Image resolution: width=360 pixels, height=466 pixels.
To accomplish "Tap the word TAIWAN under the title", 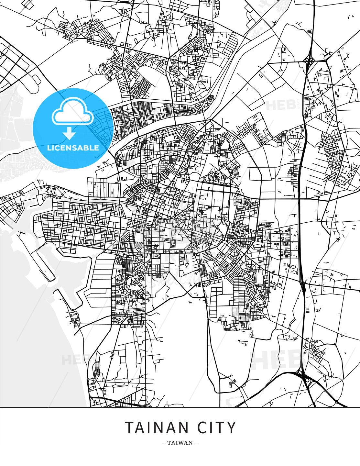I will pos(180,443).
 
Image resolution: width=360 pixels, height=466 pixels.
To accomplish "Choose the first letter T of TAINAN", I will pos(129,428).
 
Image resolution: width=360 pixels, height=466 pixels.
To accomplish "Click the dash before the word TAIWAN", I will pos(164,443).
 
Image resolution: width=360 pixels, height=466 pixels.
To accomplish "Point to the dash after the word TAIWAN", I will pos(196,443).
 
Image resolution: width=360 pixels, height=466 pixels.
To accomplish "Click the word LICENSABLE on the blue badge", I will pos(73,148).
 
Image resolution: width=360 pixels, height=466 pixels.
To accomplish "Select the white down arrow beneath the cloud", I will pos(69,133).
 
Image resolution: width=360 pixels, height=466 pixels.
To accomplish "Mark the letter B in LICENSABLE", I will pos(86,148).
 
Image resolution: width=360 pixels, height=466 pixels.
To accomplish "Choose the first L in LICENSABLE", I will pos(49,148).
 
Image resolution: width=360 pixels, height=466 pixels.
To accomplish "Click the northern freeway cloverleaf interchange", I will pos(309,60).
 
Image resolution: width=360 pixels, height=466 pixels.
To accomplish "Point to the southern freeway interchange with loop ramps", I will pos(304,377).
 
